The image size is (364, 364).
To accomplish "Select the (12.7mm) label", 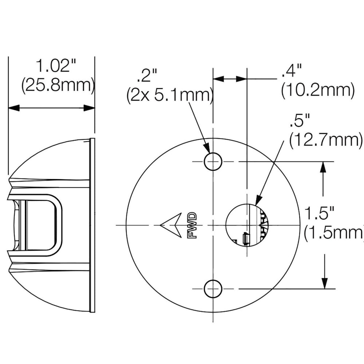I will click(326, 140).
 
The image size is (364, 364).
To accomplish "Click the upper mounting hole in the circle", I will click(213, 161).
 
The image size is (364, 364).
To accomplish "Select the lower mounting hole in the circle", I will click(213, 289).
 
